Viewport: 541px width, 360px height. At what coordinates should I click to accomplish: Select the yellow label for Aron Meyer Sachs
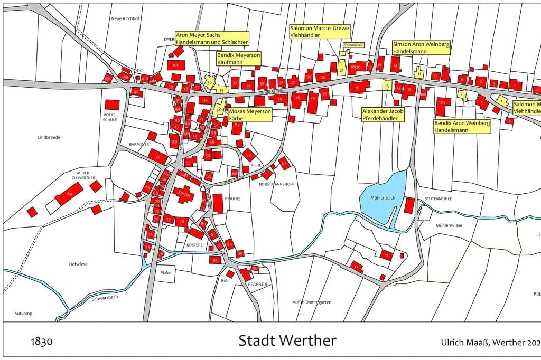click(x=211, y=39)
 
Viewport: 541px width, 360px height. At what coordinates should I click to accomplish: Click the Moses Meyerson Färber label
click(x=250, y=115)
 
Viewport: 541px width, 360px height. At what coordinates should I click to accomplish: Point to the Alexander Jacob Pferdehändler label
click(x=383, y=115)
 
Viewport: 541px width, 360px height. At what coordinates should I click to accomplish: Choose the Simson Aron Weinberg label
click(x=421, y=48)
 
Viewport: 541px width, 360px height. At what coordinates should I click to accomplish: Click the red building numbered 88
click(x=175, y=65)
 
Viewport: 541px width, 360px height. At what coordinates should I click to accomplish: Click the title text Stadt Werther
click(x=287, y=340)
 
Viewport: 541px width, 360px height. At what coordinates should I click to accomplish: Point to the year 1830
click(x=42, y=342)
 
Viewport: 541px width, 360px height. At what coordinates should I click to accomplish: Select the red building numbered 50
click(x=157, y=157)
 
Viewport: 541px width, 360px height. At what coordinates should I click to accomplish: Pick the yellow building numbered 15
click(x=387, y=86)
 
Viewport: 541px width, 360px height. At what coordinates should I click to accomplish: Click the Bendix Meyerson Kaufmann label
click(x=239, y=58)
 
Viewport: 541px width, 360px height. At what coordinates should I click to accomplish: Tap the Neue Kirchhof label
click(x=124, y=18)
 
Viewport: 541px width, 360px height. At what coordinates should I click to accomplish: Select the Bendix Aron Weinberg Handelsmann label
click(x=462, y=126)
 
